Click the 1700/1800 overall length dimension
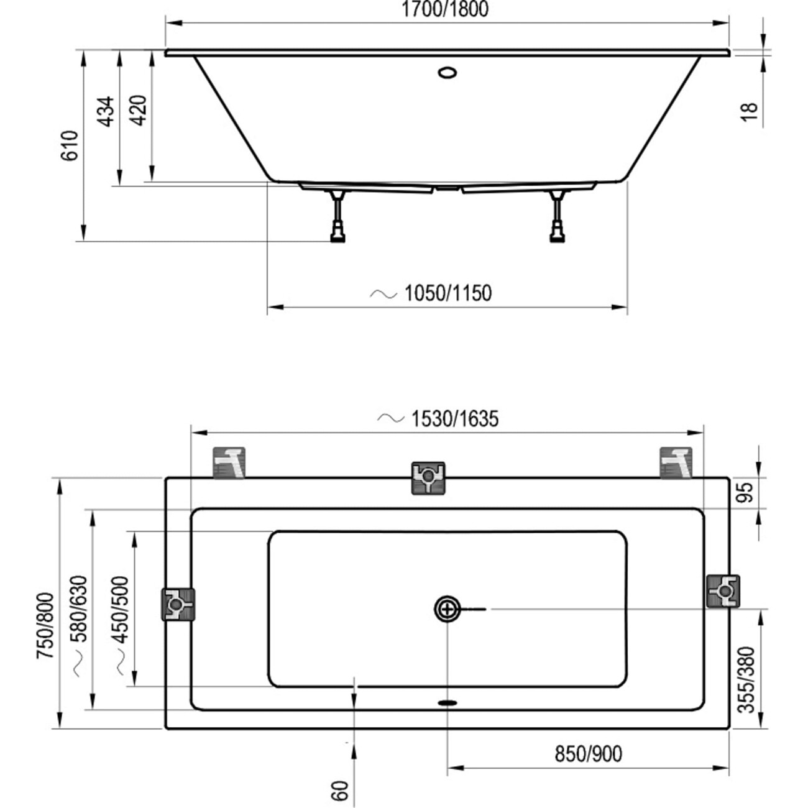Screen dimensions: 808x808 444,9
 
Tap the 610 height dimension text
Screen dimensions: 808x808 70,145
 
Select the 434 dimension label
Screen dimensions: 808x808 106,111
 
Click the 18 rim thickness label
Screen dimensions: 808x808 751,111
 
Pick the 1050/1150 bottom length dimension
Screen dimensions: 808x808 448,293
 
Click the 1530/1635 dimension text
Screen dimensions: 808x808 454,419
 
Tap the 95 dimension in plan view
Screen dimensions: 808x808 746,492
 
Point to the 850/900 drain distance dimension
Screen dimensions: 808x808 588,754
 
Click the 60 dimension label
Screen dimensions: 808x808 340,791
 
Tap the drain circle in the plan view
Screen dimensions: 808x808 447,609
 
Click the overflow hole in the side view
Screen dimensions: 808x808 448,72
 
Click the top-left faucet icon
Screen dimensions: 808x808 229,463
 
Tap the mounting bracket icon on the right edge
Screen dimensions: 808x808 723,591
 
